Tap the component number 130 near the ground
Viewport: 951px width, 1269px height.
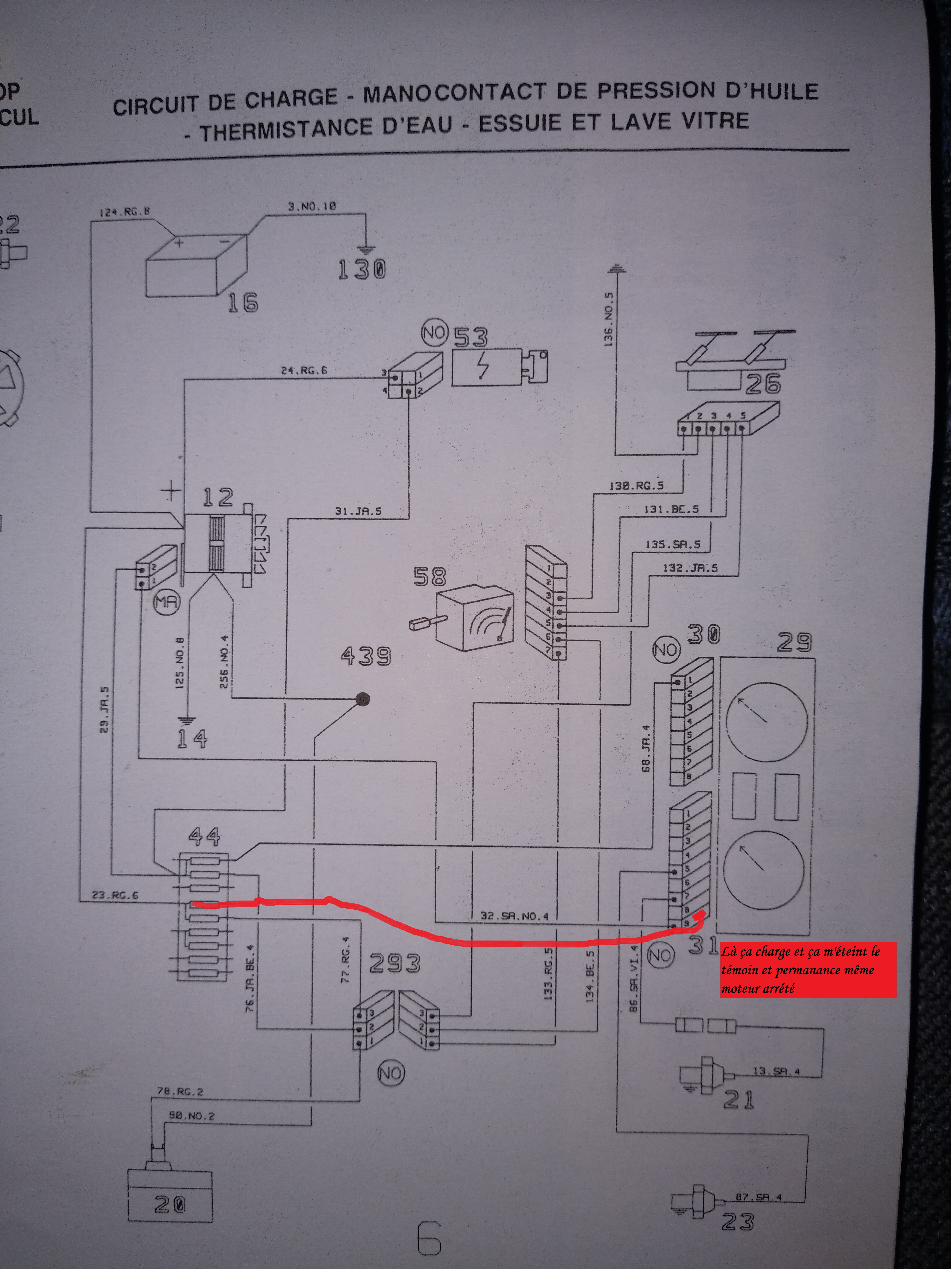[362, 269]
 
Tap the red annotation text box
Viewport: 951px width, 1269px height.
[807, 970]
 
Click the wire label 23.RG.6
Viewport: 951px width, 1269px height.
[115, 895]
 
